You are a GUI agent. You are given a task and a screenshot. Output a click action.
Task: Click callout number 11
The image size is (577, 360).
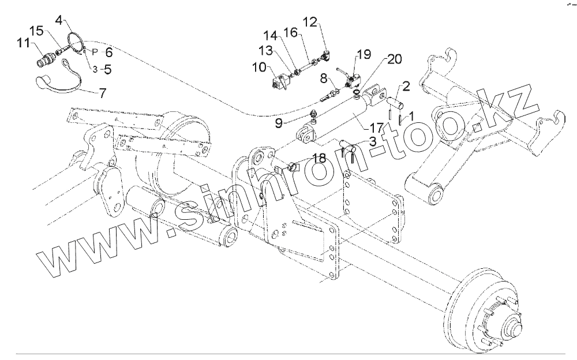[24, 43]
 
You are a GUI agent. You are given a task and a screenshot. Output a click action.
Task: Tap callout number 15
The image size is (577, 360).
[36, 31]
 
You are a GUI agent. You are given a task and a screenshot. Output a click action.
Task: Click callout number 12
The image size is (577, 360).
[310, 23]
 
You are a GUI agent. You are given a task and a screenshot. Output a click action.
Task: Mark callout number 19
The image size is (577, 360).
[363, 55]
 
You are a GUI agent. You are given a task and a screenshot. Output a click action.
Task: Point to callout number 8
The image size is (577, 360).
[324, 78]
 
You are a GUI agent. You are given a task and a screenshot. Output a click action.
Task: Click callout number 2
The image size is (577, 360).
[406, 87]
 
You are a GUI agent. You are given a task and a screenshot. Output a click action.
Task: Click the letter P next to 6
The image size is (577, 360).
[95, 51]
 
